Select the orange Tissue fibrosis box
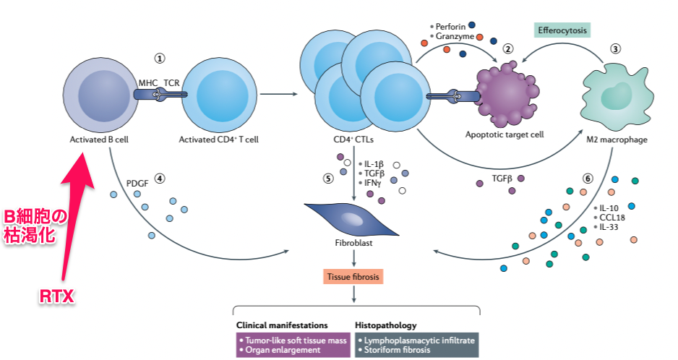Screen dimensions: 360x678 (x=353, y=276)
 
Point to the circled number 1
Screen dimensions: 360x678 (x=160, y=57)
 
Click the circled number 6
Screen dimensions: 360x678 (x=588, y=179)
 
